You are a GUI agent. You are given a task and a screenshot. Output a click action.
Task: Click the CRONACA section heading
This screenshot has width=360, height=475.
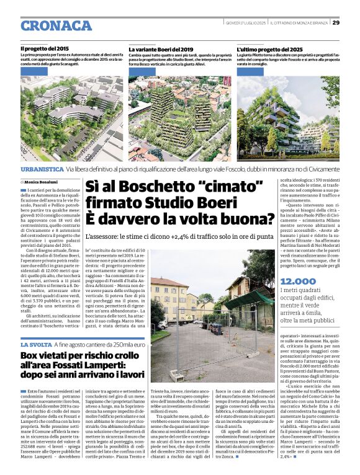[x=56, y=26]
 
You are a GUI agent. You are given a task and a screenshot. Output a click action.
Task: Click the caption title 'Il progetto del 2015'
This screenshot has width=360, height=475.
[x=44, y=48]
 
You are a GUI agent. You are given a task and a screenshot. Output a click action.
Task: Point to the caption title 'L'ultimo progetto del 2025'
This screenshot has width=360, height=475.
[x=270, y=48]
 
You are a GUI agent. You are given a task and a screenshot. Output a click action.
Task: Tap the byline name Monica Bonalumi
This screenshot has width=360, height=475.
[x=42, y=181]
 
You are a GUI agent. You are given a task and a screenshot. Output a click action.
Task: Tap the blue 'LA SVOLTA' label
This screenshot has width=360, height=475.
[x=36, y=344]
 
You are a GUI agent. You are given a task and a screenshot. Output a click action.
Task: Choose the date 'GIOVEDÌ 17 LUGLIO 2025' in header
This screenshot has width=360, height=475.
[x=245, y=23]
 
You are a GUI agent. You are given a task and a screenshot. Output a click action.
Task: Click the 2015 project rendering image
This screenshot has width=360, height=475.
[x=72, y=118]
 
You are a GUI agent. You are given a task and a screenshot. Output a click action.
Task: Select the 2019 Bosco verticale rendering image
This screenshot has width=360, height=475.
[x=179, y=118]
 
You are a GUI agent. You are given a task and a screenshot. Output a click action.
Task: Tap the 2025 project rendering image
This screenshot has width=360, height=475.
[x=288, y=118]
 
